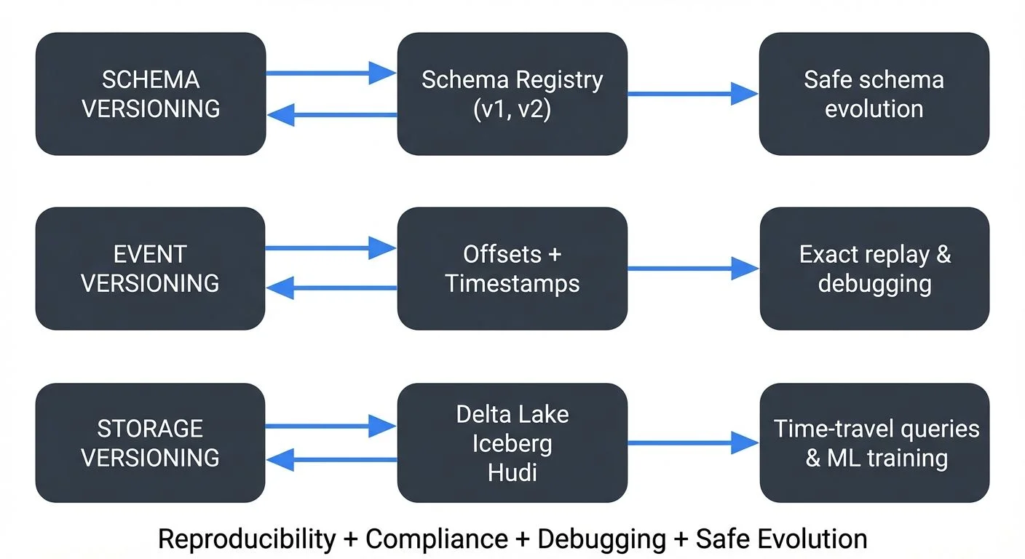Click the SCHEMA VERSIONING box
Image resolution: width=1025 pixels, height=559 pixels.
[150, 93]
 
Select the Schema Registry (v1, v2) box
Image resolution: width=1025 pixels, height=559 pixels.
[512, 93]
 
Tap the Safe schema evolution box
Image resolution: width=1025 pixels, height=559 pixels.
[874, 93]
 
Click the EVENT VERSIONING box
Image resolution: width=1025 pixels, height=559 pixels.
[150, 268]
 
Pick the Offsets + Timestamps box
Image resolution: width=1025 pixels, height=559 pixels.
[512, 268]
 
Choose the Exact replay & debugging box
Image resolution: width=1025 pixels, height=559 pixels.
[874, 268]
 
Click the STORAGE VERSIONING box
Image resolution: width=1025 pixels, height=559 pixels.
[150, 443]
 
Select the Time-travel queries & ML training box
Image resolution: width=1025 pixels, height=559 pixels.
[874, 443]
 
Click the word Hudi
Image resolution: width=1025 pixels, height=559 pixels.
[512, 472]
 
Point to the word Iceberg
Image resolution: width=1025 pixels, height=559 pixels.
[512, 443]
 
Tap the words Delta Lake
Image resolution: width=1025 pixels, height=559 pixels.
[512, 414]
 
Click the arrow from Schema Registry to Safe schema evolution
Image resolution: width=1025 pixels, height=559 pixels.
[692, 93]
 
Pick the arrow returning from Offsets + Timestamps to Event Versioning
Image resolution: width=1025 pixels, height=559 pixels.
[331, 288]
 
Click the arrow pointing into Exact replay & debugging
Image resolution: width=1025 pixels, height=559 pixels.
[692, 268]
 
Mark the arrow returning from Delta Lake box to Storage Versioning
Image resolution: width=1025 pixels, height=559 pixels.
[331, 460]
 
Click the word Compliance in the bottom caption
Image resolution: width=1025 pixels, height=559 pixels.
[436, 539]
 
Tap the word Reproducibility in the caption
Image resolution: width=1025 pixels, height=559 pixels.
[246, 539]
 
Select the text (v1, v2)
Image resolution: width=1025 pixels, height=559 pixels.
[512, 109]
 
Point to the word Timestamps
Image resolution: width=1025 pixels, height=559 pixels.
[512, 283]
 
